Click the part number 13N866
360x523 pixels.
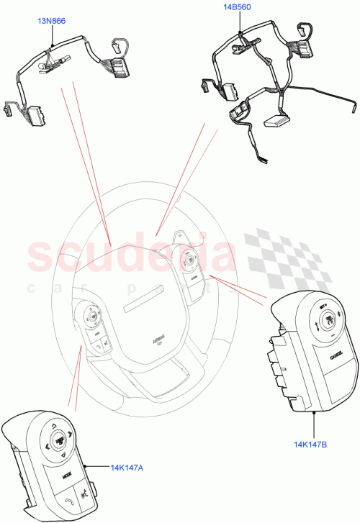52,22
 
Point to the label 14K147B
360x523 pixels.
311,444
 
